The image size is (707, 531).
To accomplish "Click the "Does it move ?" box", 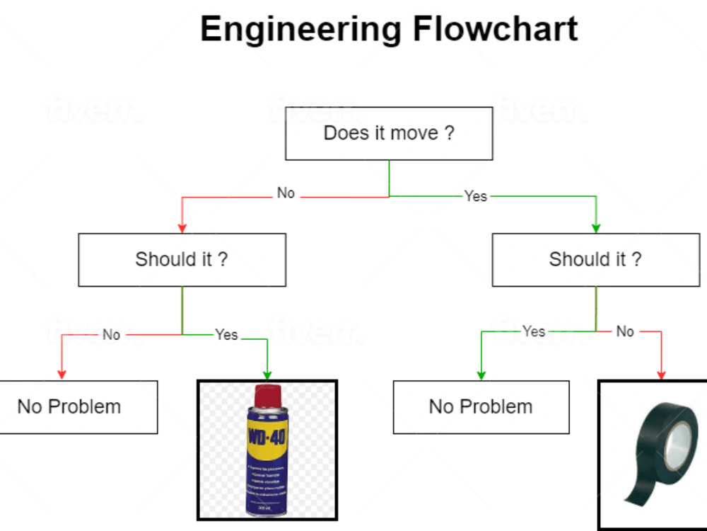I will point(388,133).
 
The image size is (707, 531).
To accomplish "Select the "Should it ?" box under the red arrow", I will point(182,259).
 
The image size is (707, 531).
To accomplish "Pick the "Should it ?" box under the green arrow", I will point(595,259).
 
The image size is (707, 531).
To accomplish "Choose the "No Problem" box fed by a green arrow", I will point(481,406).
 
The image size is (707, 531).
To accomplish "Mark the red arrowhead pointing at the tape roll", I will point(662,374).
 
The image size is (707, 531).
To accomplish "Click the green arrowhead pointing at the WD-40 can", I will point(267,374).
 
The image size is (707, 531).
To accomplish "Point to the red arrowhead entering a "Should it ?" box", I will point(182,227).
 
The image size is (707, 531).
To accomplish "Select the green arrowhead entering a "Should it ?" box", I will point(595,227).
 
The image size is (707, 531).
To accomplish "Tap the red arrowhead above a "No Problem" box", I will point(62,373).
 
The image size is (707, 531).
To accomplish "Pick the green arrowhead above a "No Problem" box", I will point(481,373).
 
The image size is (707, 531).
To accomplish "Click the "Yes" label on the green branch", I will point(534,331).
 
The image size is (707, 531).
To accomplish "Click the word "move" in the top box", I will point(414,133).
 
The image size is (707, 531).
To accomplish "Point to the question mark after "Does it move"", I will point(450,133).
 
